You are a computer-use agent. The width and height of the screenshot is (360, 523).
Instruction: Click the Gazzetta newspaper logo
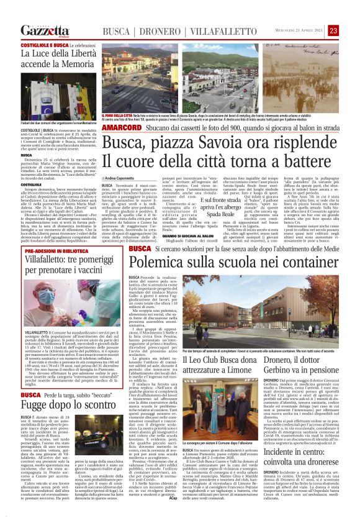click(44, 31)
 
